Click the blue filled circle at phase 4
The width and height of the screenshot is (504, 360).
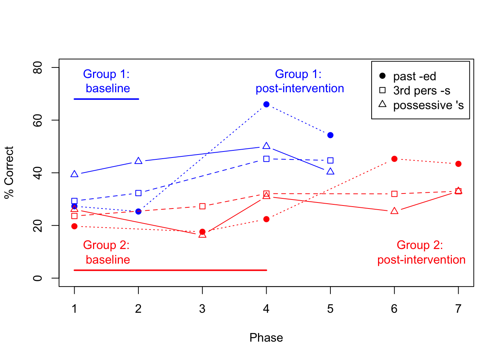pyautogui.click(x=266, y=104)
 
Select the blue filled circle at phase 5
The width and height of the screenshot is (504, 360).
pyautogui.click(x=330, y=135)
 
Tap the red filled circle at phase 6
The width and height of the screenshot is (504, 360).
pyautogui.click(x=394, y=159)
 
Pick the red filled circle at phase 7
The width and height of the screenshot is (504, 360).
pyautogui.click(x=458, y=164)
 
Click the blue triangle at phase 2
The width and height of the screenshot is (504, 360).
pyautogui.click(x=138, y=161)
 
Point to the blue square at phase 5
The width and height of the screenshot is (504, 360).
pyautogui.click(x=330, y=160)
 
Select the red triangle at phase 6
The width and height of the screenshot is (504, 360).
pyautogui.click(x=394, y=211)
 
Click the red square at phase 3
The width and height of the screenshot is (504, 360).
pyautogui.click(x=202, y=206)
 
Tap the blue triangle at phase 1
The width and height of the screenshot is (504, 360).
pyautogui.click(x=74, y=174)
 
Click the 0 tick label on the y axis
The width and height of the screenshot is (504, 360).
pyautogui.click(x=37, y=278)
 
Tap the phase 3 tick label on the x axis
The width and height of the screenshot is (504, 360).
pyautogui.click(x=202, y=309)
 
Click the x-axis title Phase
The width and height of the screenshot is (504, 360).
pyautogui.click(x=266, y=337)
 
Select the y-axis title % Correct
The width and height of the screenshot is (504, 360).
pyautogui.click(x=9, y=172)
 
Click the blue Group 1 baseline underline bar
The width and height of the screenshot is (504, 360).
pyautogui.click(x=106, y=99)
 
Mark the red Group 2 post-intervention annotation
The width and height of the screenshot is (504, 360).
pyautogui.click(x=421, y=252)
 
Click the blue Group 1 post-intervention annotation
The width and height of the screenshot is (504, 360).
pyautogui.click(x=300, y=81)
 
